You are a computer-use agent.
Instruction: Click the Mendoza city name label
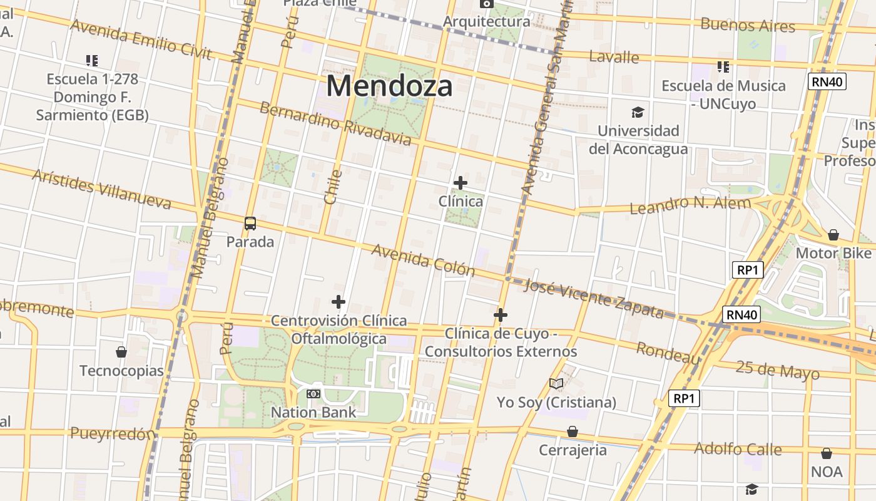389,85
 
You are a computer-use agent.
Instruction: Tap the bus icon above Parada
250,223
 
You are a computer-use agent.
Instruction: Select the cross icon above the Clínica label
461,183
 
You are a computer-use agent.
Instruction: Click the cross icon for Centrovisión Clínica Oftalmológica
339,302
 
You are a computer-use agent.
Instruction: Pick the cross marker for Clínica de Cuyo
501,314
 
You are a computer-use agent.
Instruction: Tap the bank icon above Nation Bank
313,394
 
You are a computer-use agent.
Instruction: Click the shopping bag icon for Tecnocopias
121,352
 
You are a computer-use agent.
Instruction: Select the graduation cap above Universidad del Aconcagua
638,112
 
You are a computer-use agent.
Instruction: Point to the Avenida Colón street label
424,260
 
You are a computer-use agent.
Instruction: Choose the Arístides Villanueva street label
101,189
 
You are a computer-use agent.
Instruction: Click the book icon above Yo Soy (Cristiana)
556,383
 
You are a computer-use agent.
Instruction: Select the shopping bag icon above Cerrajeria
573,431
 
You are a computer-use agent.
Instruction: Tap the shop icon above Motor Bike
833,235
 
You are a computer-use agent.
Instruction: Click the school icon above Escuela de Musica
723,66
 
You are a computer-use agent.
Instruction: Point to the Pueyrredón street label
113,433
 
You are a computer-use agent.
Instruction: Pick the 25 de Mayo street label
777,369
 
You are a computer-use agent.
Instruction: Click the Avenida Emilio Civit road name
141,38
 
